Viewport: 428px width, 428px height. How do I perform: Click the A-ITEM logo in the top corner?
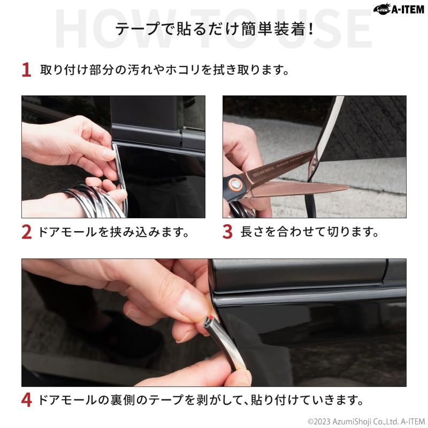click(399, 10)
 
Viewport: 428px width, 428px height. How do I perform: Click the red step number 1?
click(26, 70)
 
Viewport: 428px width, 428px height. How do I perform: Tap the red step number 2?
click(26, 232)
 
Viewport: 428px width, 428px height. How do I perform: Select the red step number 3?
click(227, 232)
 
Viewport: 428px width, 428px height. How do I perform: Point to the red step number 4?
click(26, 400)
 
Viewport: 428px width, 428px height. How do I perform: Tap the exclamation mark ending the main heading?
click(311, 29)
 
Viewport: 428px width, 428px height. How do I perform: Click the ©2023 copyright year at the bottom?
click(318, 422)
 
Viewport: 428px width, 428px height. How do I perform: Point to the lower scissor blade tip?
click(348, 187)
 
